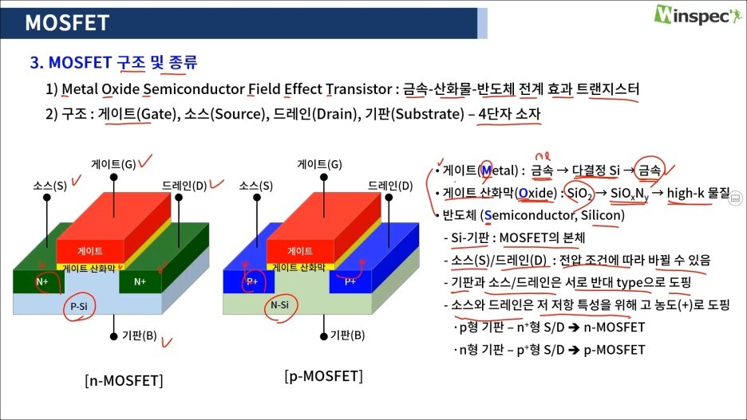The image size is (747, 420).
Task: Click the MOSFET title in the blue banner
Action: [67, 23]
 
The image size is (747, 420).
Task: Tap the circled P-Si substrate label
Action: [79, 306]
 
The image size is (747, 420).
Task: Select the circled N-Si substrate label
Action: [279, 305]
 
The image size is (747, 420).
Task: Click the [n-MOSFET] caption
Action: [124, 380]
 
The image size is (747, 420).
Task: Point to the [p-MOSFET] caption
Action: [323, 375]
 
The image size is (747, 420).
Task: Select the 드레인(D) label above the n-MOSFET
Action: [184, 186]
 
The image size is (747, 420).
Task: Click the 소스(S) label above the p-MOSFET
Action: [256, 186]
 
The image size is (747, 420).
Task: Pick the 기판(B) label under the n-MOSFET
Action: [140, 336]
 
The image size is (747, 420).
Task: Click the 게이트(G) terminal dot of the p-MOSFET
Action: [324, 177]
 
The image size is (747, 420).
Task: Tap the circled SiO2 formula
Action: [579, 193]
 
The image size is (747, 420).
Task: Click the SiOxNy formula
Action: [630, 194]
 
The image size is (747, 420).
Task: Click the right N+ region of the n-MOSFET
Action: [140, 281]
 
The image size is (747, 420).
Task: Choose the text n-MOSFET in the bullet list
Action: [614, 328]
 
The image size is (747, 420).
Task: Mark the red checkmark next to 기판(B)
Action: [167, 342]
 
